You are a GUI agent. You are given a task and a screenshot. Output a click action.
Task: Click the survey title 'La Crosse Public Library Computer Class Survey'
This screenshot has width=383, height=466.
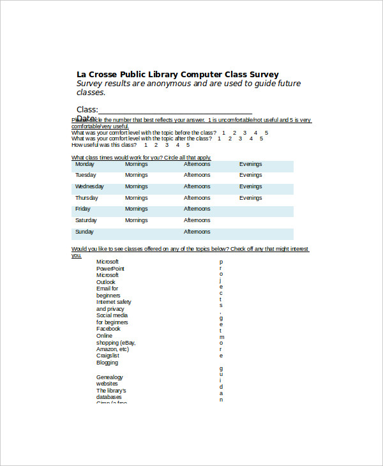[177, 74]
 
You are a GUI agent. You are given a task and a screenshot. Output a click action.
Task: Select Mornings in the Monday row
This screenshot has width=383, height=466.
[136, 164]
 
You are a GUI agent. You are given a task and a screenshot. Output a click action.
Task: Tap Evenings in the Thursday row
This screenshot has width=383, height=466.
[250, 198]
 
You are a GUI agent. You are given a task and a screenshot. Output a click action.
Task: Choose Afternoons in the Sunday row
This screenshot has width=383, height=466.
[197, 232]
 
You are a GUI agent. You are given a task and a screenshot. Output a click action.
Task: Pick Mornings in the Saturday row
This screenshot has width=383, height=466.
[136, 220]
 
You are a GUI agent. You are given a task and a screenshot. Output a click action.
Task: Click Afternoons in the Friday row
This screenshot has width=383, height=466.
[197, 209]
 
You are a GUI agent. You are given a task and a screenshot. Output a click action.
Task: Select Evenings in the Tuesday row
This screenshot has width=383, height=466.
[250, 175]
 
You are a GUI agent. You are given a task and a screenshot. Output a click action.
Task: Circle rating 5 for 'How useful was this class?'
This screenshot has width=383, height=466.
[188, 145]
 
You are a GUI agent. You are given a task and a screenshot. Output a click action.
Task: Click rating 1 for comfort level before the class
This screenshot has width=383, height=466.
[223, 133]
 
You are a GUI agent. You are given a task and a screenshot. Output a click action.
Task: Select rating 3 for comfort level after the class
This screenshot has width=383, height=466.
[241, 139]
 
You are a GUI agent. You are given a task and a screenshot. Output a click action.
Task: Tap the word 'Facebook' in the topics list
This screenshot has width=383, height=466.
[108, 329]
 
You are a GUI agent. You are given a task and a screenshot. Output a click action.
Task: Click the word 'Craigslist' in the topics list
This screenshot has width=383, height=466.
[108, 356]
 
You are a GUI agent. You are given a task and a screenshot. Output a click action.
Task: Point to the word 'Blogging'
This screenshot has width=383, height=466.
[107, 363]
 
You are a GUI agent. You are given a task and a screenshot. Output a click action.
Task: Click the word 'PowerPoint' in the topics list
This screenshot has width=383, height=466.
[110, 269]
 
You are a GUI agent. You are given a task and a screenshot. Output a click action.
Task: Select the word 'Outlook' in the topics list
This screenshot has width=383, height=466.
[106, 282]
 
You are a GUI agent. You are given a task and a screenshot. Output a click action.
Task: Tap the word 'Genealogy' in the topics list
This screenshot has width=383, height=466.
[109, 377]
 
